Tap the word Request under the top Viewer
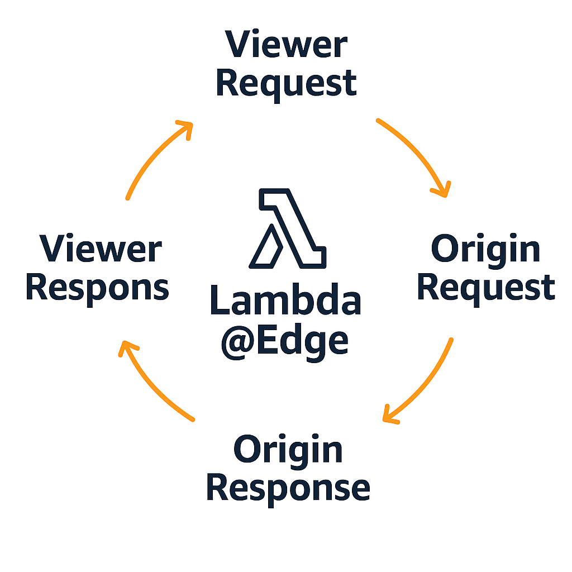click(285, 84)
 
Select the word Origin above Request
click(485, 250)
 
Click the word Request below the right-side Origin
click(485, 288)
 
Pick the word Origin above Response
click(288, 450)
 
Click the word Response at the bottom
click(288, 488)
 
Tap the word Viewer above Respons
click(101, 250)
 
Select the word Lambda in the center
click(285, 302)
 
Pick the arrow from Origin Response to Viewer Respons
click(151, 385)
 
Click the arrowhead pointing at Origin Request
click(442, 189)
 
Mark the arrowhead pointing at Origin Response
click(389, 416)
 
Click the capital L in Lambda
click(220, 302)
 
